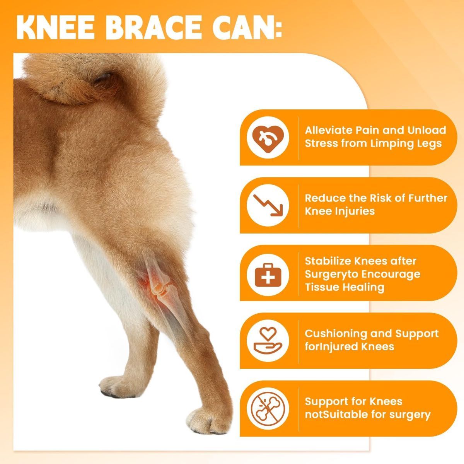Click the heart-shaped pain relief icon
point(268,138)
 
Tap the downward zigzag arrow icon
point(268,205)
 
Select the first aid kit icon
point(268,275)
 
